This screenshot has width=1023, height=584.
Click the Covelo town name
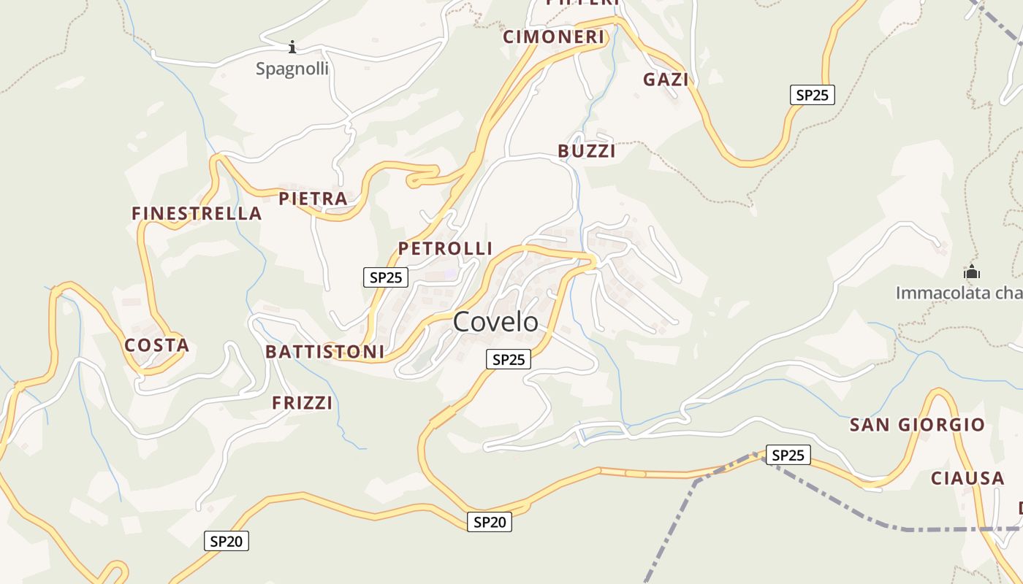[x=495, y=322]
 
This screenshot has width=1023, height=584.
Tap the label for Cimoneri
[x=554, y=36]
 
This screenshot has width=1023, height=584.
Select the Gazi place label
[x=666, y=80]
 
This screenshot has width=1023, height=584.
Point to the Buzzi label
[x=586, y=151]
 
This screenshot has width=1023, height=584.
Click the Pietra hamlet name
[x=313, y=199]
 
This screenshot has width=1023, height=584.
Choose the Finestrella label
[x=197, y=213]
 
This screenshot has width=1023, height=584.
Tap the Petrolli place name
[x=445, y=248]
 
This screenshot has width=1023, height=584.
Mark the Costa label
[x=156, y=345]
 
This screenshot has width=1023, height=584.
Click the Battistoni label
[x=324, y=352]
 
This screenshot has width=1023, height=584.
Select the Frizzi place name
[x=302, y=403]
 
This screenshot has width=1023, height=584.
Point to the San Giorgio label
[x=917, y=425]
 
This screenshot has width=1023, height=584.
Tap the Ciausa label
[x=967, y=478]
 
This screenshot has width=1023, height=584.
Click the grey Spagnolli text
[x=292, y=69]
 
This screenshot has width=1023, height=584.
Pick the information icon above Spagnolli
[x=292, y=47]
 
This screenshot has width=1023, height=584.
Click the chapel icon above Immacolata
[x=971, y=272]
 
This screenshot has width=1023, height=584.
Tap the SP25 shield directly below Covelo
[x=509, y=359]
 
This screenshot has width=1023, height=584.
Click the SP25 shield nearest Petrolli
[x=386, y=277]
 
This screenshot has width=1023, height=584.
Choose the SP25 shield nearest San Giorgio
[x=788, y=456]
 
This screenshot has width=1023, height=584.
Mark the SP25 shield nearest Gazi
[x=812, y=95]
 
